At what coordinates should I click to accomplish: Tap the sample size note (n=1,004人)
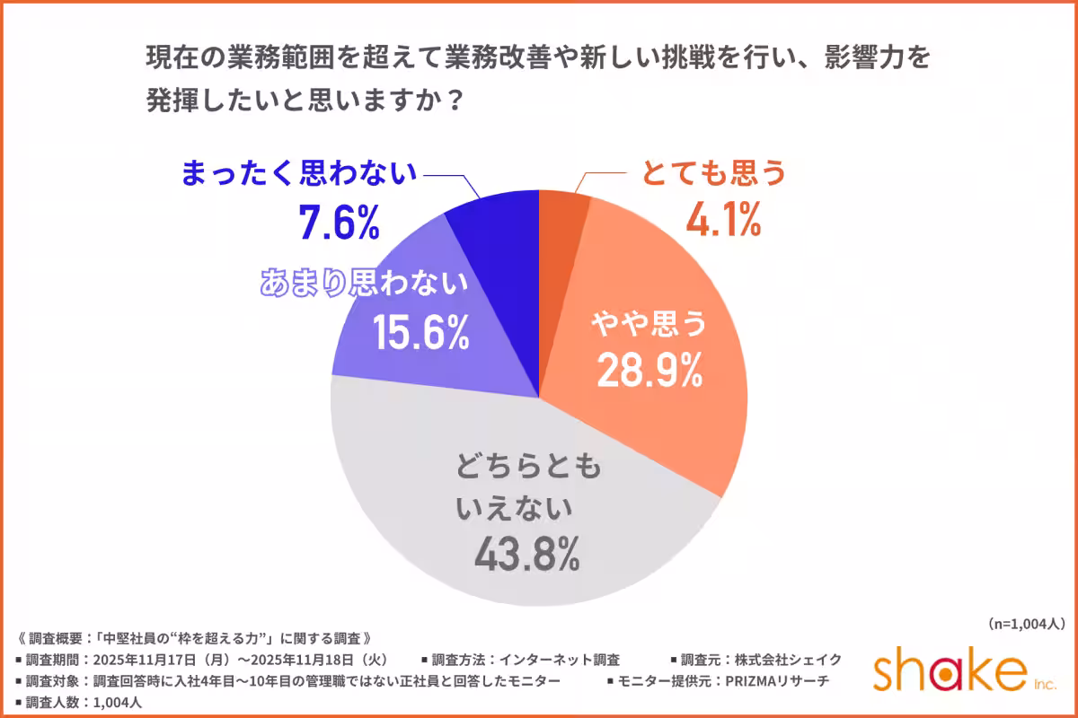click(1025, 623)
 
